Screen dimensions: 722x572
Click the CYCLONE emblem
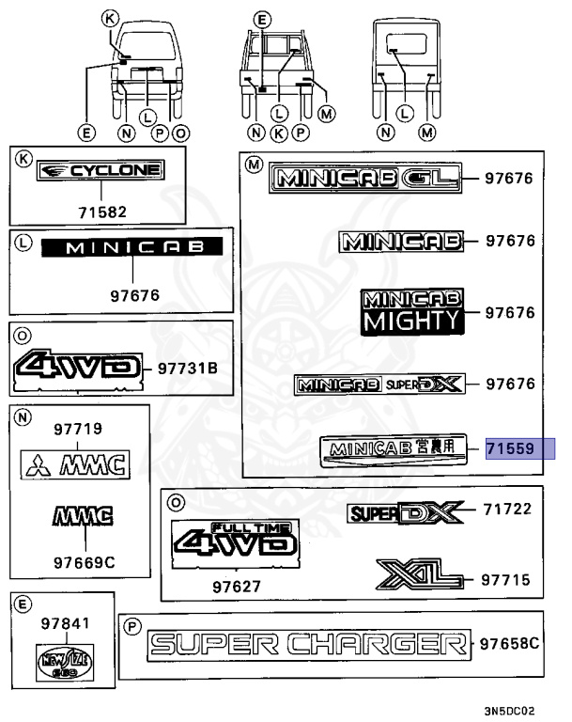point(100,170)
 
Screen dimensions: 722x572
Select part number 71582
point(100,212)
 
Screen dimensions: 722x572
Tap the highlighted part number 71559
point(510,449)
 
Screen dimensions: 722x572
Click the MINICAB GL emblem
point(373,178)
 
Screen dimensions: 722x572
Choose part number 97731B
point(187,368)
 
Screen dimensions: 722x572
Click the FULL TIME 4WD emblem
point(235,541)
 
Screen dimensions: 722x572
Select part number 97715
point(506,580)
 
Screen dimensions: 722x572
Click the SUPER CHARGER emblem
point(309,645)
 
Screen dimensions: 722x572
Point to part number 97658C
point(509,644)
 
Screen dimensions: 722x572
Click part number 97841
point(59,621)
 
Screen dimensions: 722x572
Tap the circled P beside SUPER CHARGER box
point(133,624)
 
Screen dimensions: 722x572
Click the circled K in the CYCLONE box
point(23,159)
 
